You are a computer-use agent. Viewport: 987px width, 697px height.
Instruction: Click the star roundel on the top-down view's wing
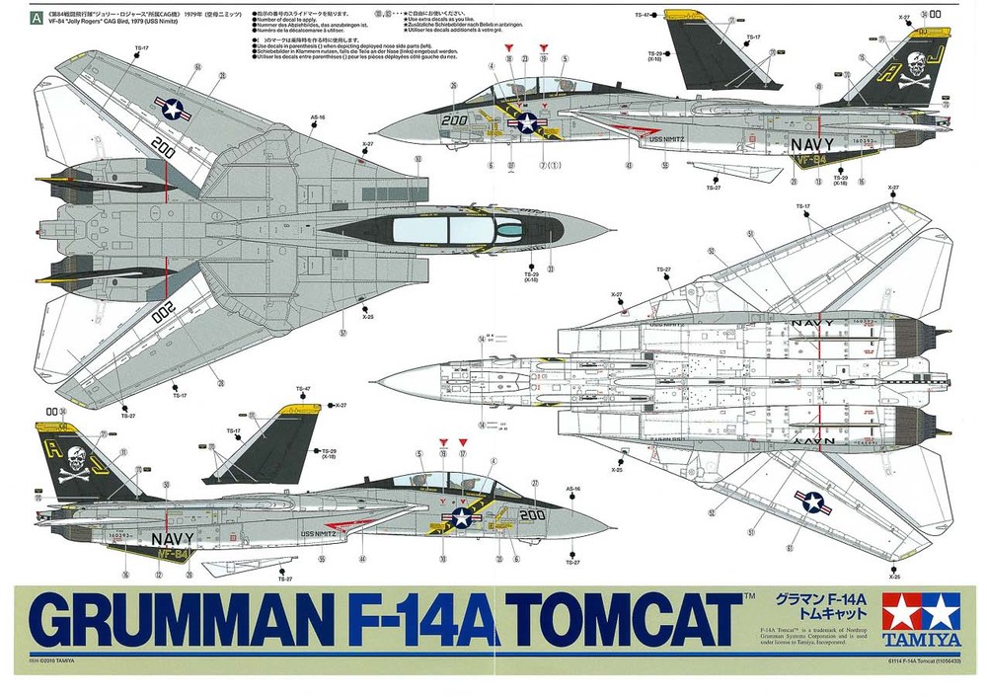pyautogui.click(x=175, y=109)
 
